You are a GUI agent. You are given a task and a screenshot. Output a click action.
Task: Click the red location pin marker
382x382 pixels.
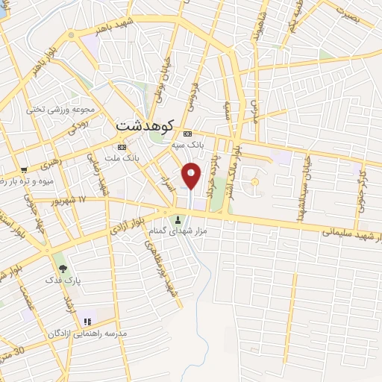192,176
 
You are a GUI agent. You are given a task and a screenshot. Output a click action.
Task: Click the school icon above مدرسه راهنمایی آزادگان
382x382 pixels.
88,322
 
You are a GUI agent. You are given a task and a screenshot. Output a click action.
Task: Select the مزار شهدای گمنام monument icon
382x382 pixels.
178,220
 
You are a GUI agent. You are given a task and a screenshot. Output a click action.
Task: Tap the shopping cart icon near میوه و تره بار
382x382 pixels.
25,170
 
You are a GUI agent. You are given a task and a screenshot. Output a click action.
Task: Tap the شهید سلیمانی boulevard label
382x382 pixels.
351,234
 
